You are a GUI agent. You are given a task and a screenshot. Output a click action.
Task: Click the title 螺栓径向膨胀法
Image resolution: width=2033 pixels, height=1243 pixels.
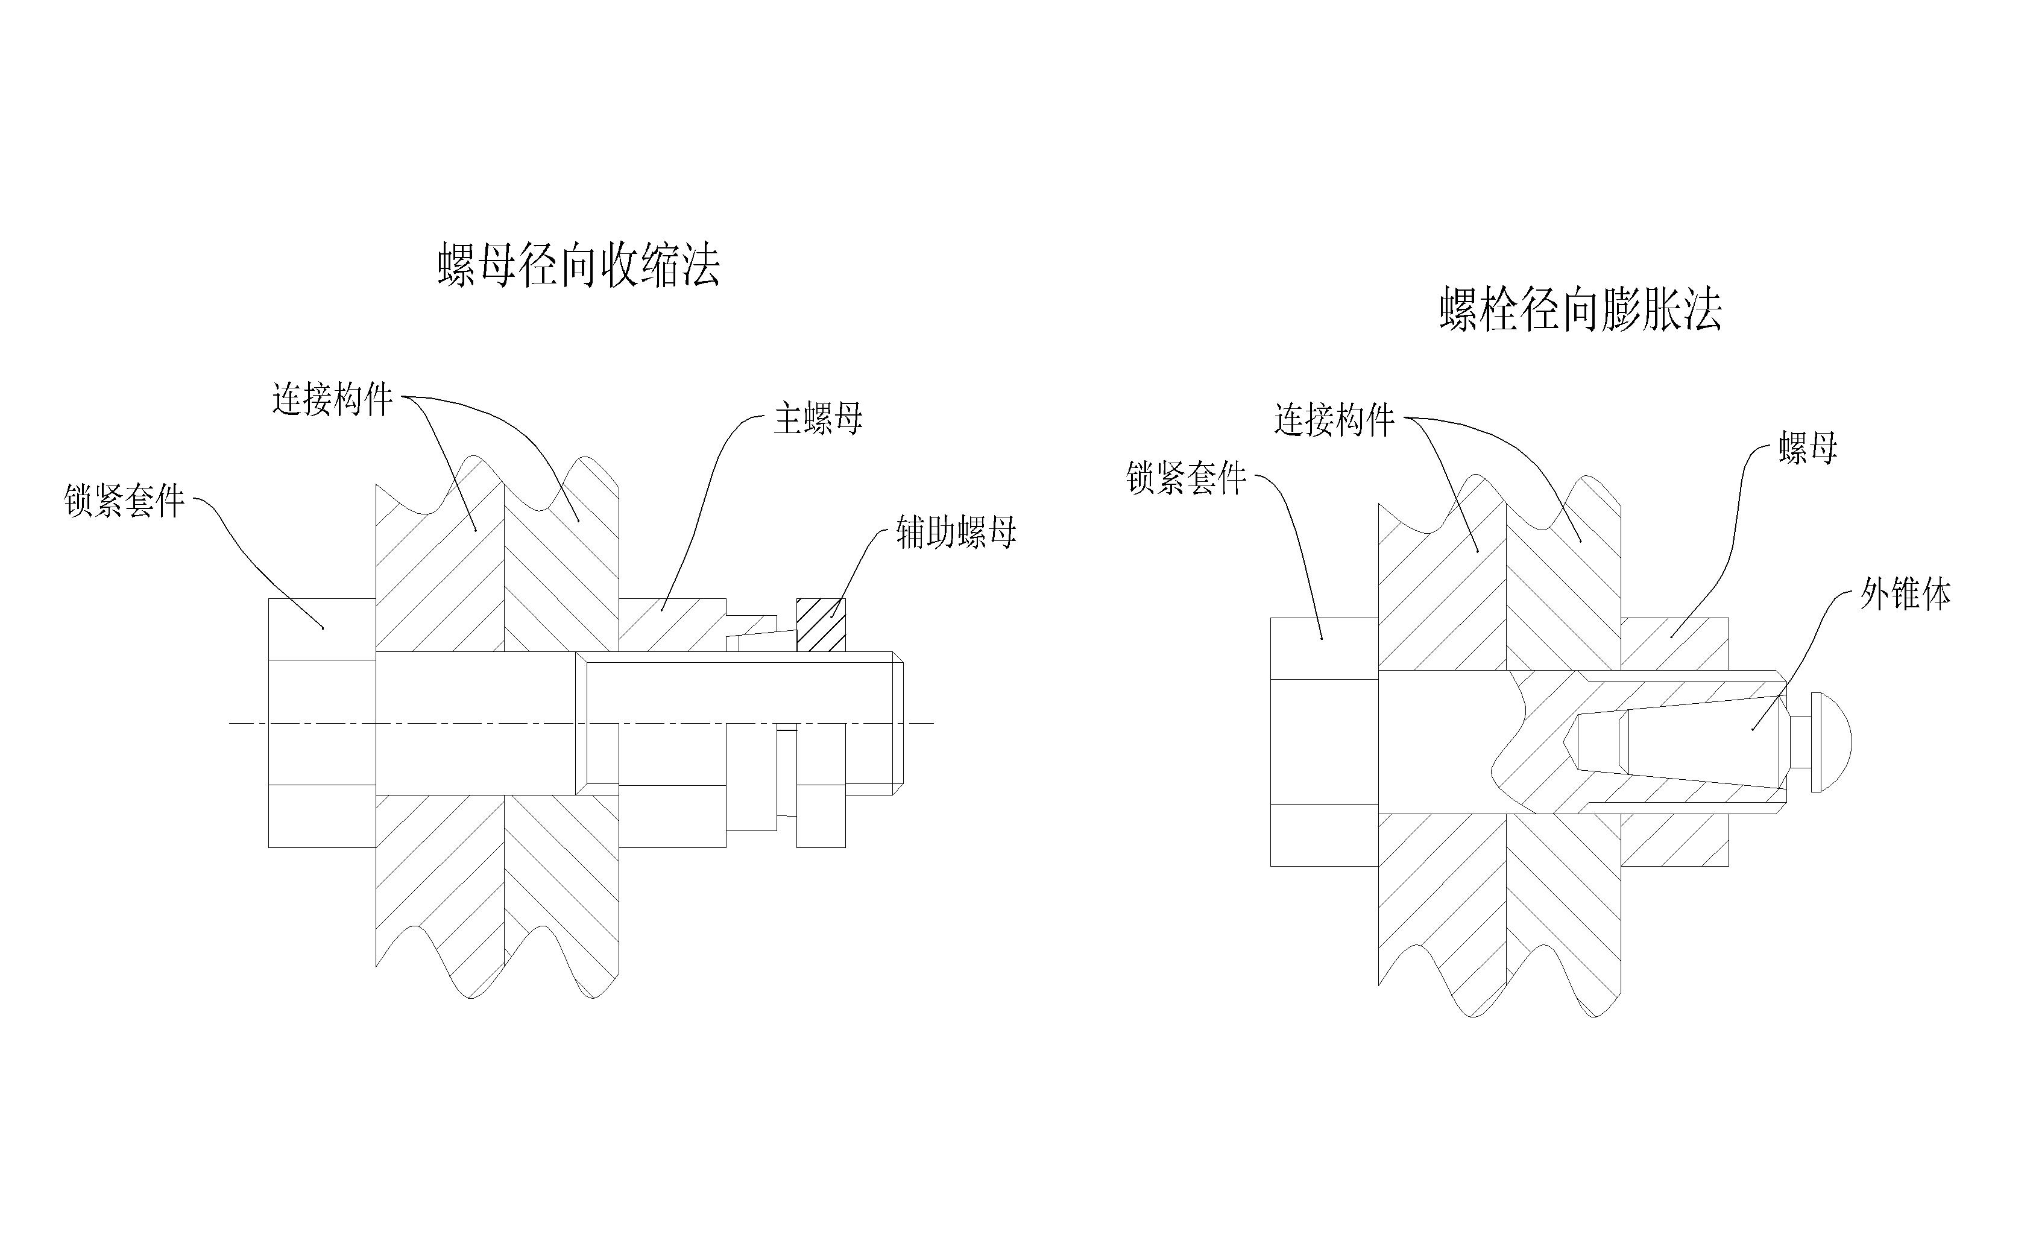[x=1580, y=311]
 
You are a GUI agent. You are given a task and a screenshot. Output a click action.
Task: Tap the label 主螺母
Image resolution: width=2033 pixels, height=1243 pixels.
[x=817, y=419]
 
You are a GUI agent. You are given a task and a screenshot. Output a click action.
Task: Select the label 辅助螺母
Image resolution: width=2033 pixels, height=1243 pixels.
[x=956, y=533]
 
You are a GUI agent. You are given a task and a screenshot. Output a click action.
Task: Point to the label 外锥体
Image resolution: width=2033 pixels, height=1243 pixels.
[x=1905, y=593]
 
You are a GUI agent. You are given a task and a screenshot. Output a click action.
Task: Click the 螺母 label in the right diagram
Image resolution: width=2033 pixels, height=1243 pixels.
[x=1808, y=449]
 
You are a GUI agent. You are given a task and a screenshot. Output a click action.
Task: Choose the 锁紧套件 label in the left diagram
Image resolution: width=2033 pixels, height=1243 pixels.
[x=124, y=500]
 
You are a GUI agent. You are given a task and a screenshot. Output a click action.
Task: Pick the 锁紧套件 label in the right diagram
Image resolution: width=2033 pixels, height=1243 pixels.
[x=1186, y=478]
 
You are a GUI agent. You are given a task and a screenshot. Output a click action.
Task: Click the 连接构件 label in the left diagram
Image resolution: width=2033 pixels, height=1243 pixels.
[x=332, y=399]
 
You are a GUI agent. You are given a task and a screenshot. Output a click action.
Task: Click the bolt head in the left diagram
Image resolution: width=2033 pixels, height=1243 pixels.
[x=322, y=723]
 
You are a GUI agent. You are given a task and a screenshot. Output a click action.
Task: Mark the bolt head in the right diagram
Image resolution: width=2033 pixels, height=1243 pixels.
[x=1323, y=741]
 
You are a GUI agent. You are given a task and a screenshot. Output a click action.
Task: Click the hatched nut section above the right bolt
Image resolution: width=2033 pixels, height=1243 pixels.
[x=1675, y=643]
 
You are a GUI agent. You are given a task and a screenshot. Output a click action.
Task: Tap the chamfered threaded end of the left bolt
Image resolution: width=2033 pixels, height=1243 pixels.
[x=898, y=723]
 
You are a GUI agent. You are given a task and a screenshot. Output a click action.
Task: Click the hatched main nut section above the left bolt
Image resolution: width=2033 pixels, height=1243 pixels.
[x=672, y=625]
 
